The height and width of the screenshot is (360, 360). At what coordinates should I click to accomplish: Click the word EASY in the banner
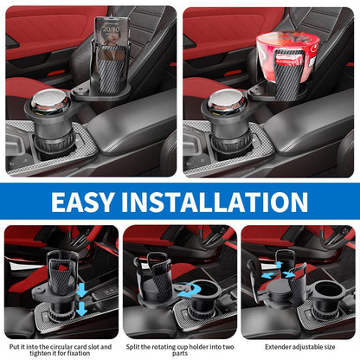[82, 202]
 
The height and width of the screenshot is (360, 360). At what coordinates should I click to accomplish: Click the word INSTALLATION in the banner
[215, 202]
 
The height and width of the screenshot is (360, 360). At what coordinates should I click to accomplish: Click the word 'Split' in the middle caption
[132, 347]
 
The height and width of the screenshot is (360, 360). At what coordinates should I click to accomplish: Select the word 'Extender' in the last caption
[278, 347]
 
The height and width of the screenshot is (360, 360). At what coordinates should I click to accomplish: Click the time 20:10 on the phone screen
[111, 29]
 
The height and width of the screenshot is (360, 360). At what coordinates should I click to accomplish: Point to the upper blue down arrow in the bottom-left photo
[82, 291]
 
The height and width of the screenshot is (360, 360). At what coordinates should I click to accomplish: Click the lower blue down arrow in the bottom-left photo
[81, 309]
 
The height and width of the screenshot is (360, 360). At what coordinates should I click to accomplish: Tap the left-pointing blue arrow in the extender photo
[268, 275]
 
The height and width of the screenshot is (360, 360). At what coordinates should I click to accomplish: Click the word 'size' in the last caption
[329, 347]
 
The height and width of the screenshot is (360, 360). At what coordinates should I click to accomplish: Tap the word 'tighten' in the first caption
[41, 353]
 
